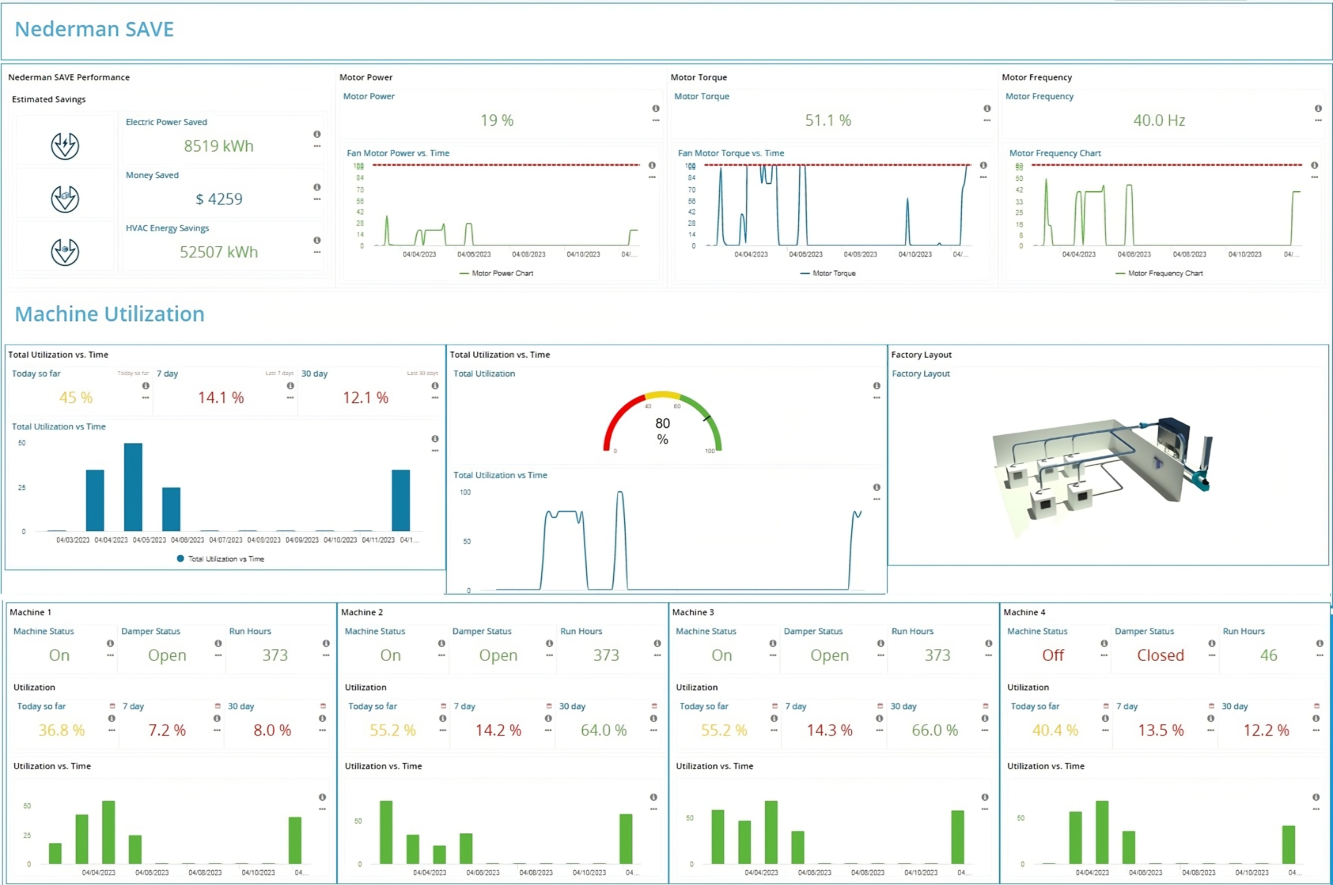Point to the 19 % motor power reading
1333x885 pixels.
click(x=496, y=120)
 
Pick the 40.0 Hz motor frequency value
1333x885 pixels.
click(x=1159, y=120)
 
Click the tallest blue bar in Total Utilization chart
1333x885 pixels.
click(x=133, y=486)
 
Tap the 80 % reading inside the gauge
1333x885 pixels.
click(x=662, y=431)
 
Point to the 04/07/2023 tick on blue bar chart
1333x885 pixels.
click(x=226, y=540)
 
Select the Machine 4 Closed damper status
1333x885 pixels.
click(x=1160, y=655)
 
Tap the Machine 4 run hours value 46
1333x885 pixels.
click(x=1268, y=655)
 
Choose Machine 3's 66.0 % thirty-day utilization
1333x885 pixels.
click(x=934, y=730)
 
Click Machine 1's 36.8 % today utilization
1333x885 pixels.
click(x=61, y=730)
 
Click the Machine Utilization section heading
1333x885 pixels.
click(x=109, y=314)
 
